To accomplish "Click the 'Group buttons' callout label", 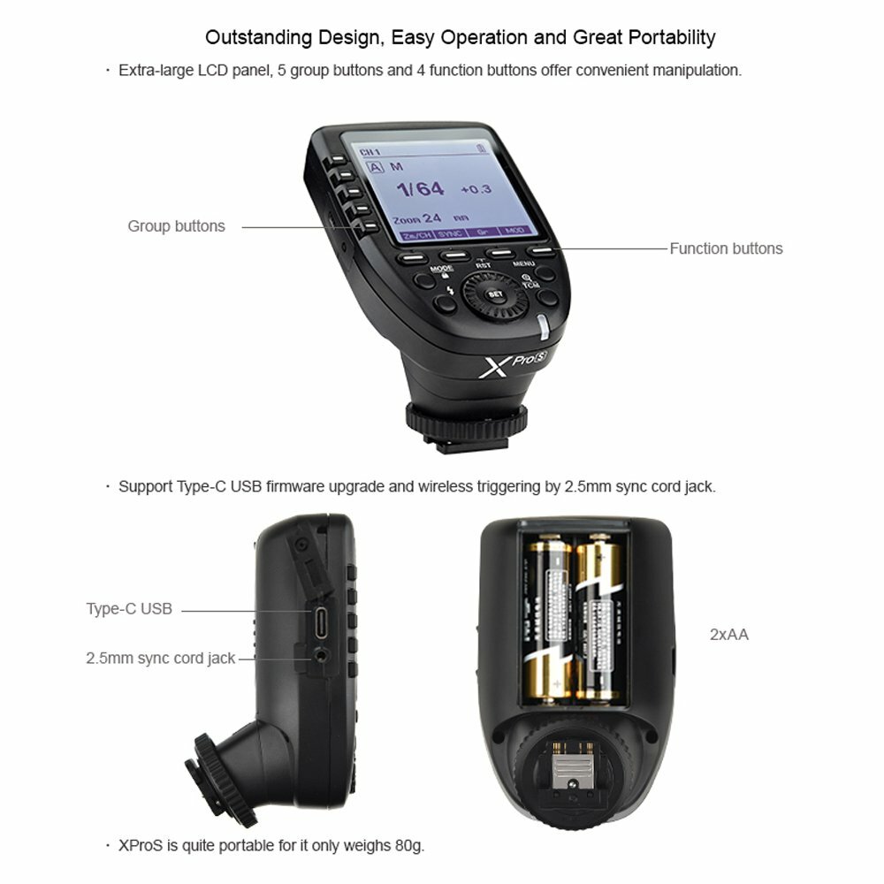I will tap(176, 226).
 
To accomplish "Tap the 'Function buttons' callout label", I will tap(726, 248).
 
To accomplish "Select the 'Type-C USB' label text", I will tap(129, 608).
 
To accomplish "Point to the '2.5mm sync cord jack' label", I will tap(161, 658).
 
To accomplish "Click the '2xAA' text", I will tap(729, 634).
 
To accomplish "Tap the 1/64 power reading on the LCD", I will tap(420, 188).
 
